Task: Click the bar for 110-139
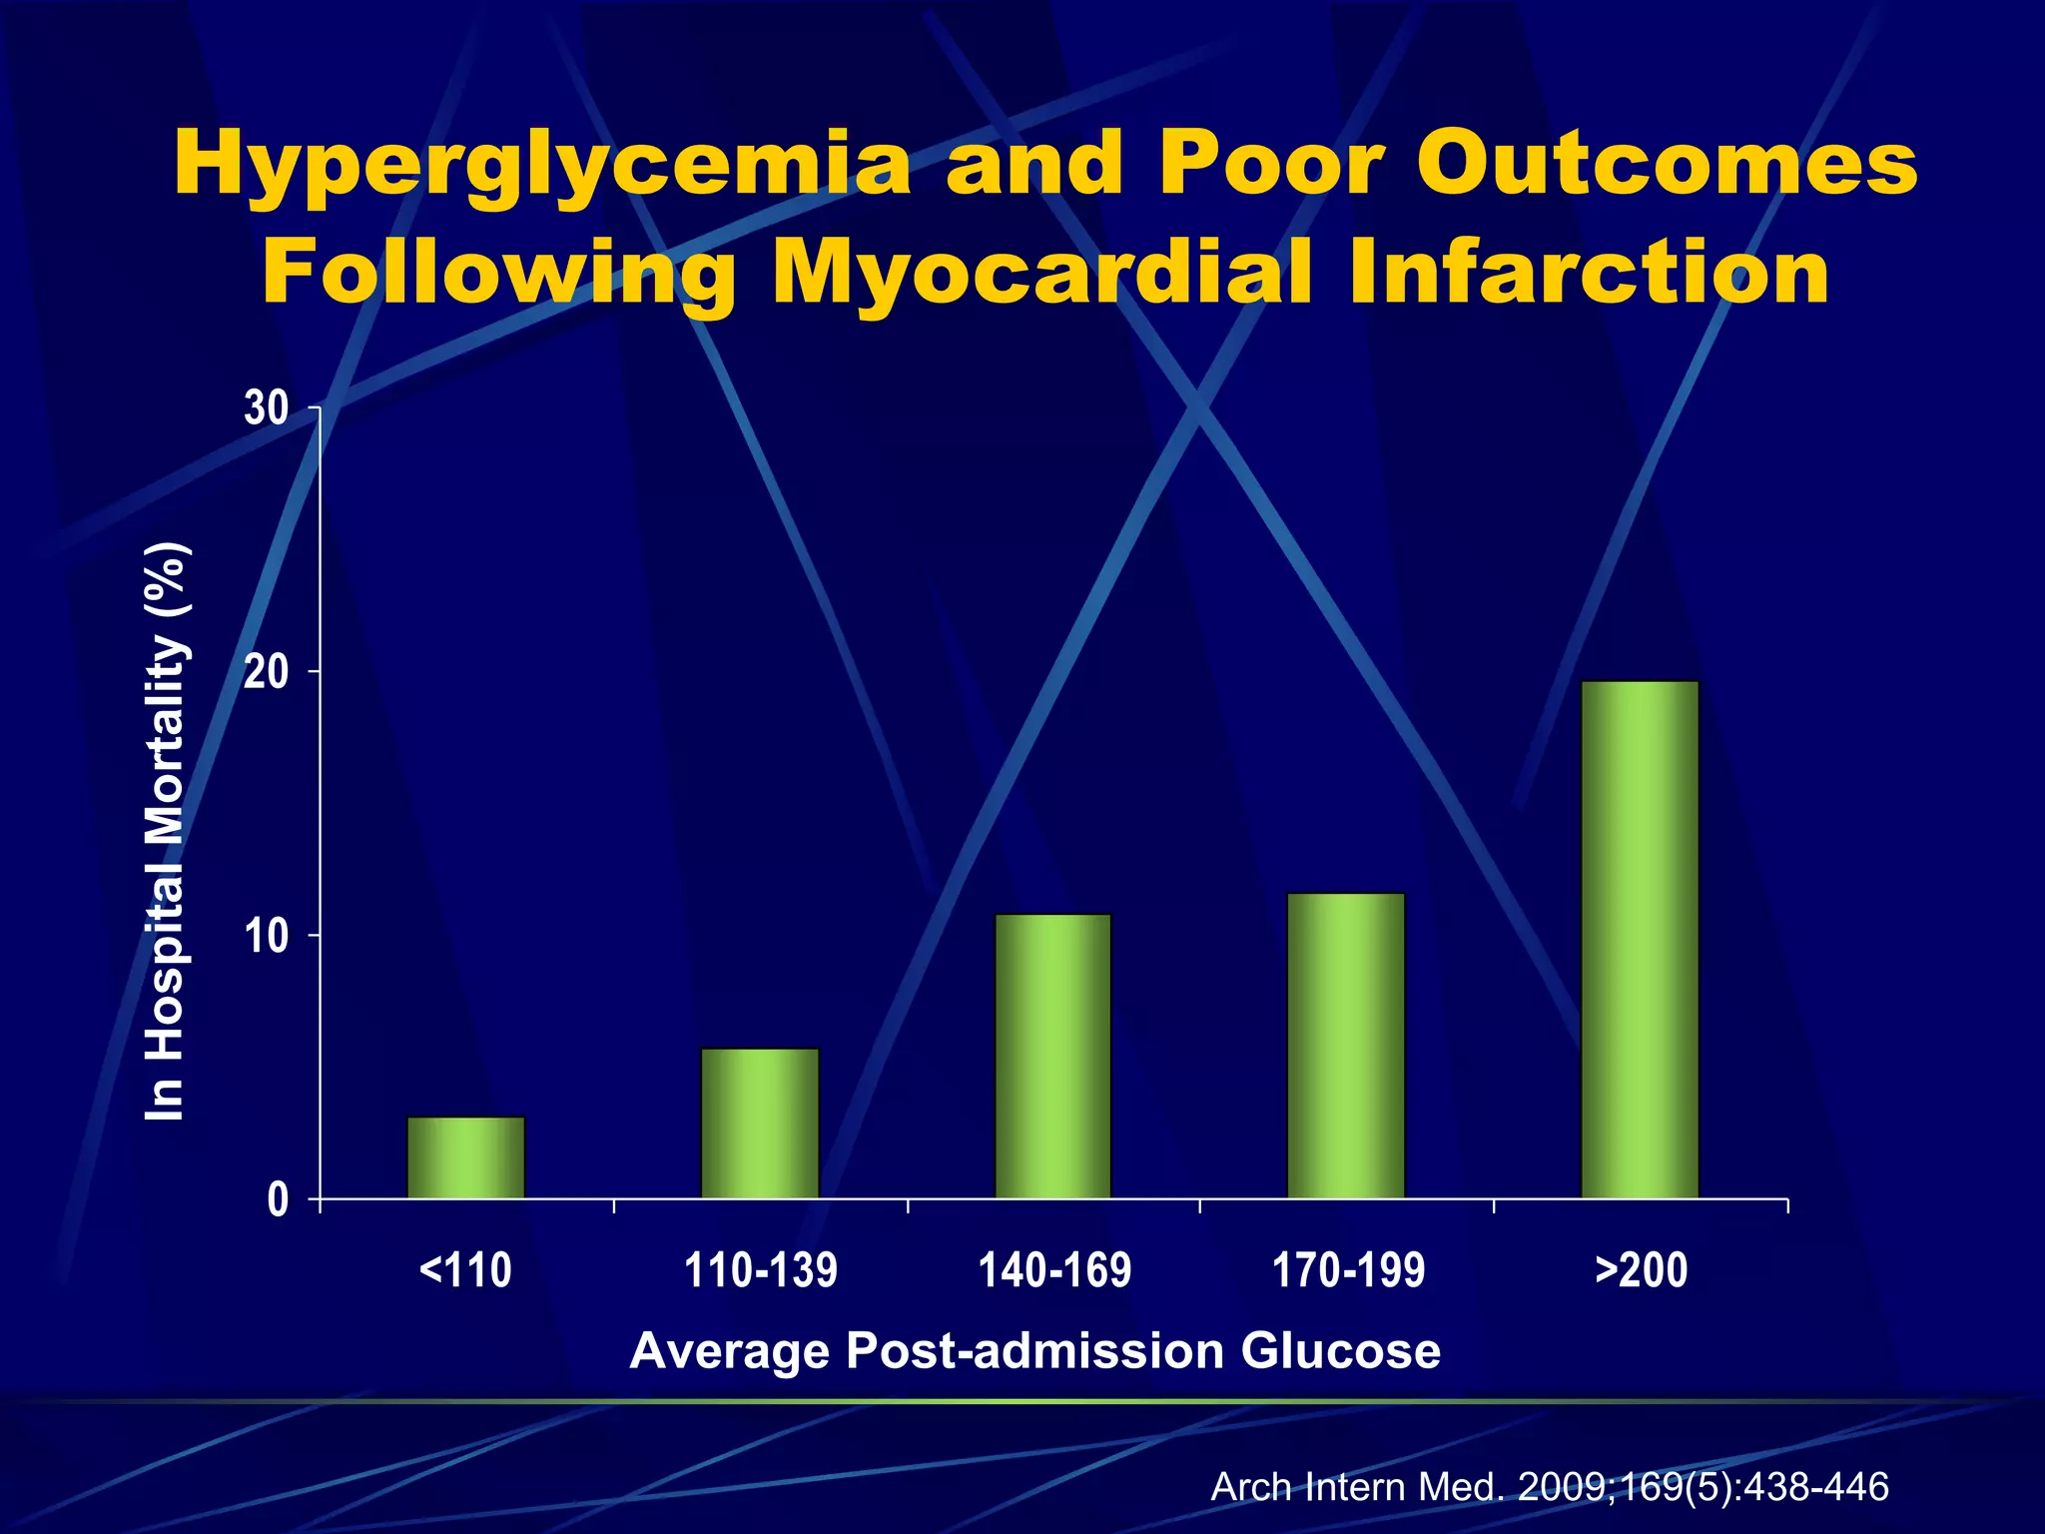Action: click(759, 1123)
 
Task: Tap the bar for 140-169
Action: click(1052, 1056)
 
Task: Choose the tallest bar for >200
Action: click(1640, 939)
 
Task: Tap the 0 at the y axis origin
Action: click(278, 1199)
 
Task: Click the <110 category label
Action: click(465, 1271)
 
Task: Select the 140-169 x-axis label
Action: click(1054, 1271)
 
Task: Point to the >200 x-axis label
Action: click(1641, 1271)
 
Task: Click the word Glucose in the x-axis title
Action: click(1340, 1351)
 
